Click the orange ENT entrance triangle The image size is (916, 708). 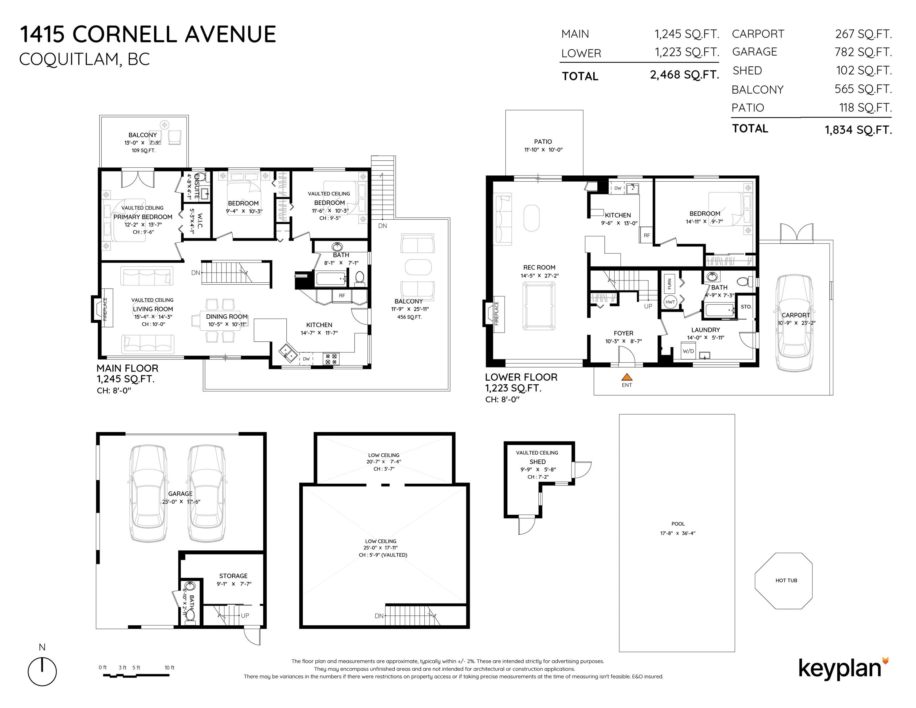pyautogui.click(x=627, y=377)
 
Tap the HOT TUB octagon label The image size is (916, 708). pyautogui.click(x=786, y=580)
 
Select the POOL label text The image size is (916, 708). pyautogui.click(x=678, y=524)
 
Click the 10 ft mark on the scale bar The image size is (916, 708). pyautogui.click(x=169, y=668)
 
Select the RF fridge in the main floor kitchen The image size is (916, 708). pyautogui.click(x=342, y=296)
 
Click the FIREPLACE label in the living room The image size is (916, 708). pyautogui.click(x=105, y=309)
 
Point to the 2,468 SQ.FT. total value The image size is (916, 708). pyautogui.click(x=685, y=75)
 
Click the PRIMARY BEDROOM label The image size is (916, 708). pyautogui.click(x=143, y=217)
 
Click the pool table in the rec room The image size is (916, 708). pyautogui.click(x=539, y=305)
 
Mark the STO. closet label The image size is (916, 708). pyautogui.click(x=746, y=307)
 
